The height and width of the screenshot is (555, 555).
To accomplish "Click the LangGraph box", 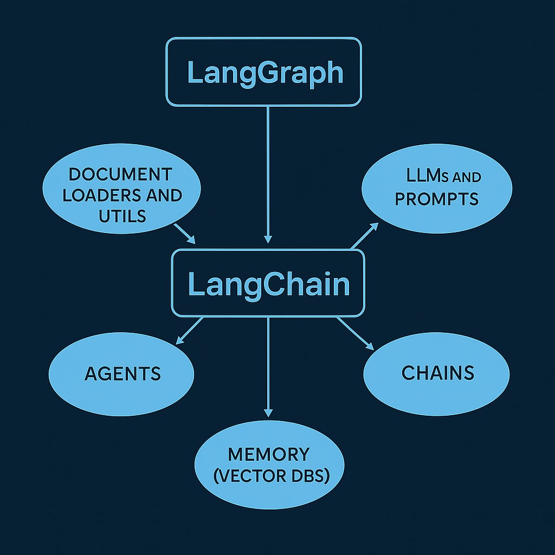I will click(263, 72).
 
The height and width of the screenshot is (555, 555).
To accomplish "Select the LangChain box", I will click(268, 283).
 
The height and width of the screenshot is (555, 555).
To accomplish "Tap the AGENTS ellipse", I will click(122, 373).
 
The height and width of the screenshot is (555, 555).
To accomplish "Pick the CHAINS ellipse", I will click(437, 372).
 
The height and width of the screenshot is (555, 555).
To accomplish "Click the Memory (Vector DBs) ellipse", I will click(269, 464).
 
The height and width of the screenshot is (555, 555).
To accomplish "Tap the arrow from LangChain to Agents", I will click(190, 330).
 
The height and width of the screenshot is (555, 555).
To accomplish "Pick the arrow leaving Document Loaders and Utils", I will click(185, 233).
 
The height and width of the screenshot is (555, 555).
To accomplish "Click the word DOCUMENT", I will click(120, 175).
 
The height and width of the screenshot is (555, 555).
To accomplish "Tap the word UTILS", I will click(122, 216).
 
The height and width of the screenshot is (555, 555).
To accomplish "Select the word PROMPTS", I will click(437, 199).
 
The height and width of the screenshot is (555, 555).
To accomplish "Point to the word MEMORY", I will click(269, 454).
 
